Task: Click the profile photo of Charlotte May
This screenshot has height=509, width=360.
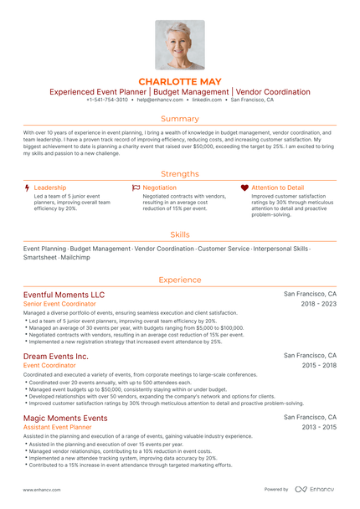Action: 179,44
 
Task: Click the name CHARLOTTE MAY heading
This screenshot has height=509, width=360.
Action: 179,81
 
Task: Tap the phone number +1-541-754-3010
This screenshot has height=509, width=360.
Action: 107,100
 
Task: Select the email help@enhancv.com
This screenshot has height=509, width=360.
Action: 159,100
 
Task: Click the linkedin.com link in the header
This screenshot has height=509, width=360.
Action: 206,100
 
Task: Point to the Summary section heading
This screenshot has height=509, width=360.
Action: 179,119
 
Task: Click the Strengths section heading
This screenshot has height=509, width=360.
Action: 179,173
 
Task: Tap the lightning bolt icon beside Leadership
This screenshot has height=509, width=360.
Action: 28,188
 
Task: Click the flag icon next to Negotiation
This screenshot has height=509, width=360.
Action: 136,188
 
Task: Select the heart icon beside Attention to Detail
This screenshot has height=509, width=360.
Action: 244,188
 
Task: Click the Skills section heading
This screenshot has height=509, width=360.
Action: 179,234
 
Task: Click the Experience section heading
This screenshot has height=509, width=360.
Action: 179,280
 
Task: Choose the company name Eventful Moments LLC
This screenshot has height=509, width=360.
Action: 64,295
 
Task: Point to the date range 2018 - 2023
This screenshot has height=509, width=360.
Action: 319,305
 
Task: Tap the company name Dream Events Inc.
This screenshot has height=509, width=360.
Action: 55,356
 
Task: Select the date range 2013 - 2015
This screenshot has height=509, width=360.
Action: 319,427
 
